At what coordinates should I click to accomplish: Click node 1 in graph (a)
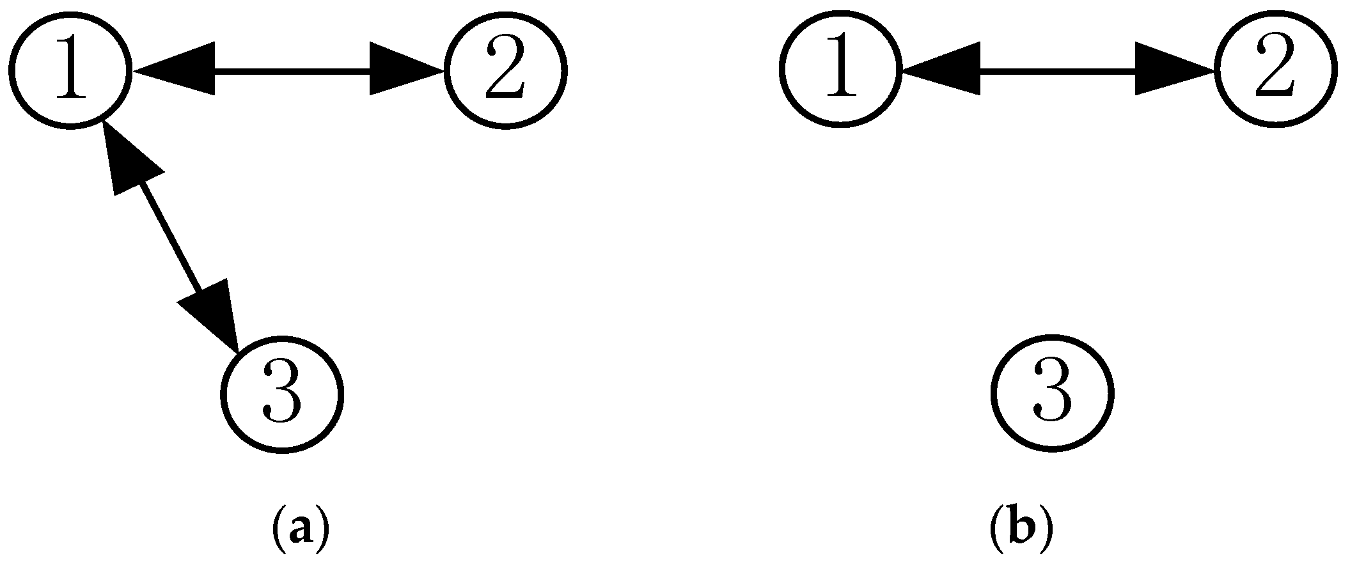click(70, 68)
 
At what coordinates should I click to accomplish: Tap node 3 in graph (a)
click(282, 393)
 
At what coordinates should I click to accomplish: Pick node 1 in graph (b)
click(840, 68)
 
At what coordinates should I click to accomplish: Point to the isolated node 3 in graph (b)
click(1052, 393)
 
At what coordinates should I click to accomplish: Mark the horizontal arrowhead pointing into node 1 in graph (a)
click(176, 69)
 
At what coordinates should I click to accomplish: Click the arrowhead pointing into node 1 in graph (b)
click(943, 69)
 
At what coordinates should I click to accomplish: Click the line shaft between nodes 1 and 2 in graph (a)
click(291, 70)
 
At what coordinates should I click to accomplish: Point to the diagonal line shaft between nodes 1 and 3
click(169, 237)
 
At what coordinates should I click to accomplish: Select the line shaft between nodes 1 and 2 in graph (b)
click(1058, 70)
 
